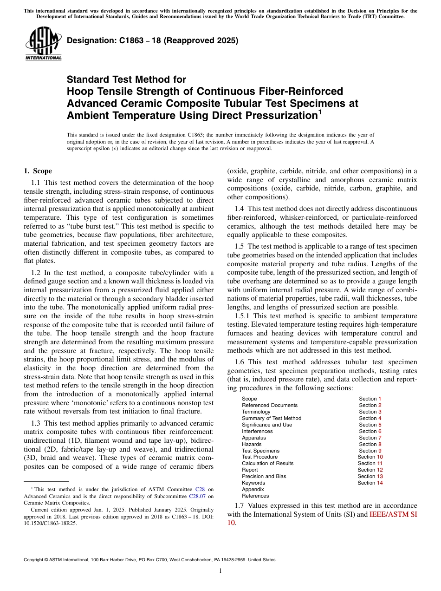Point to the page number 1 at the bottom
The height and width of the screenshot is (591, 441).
pos(220,571)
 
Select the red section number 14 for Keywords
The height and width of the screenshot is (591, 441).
pos(380,483)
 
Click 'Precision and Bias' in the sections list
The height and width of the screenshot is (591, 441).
pos(264,476)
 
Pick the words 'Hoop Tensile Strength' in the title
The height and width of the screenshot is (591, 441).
pos(114,91)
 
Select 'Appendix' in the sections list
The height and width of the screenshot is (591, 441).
pos(253,489)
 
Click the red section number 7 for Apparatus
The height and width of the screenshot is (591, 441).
pos(380,438)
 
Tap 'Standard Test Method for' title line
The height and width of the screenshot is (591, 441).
pos(126,79)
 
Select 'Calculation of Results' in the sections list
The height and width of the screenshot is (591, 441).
pos(267,463)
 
